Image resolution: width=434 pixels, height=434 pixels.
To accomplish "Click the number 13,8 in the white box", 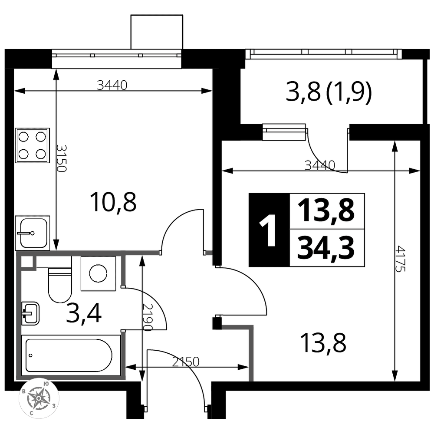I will point(326,211).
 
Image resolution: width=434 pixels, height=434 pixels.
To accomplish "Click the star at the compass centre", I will point(39,398).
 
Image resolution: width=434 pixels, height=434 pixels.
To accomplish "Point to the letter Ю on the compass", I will point(46,384).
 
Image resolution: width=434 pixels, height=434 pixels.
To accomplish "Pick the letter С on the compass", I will point(32,413).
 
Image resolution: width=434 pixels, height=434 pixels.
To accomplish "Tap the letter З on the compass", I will point(53,406).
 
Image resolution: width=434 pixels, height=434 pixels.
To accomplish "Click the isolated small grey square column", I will point(209,253).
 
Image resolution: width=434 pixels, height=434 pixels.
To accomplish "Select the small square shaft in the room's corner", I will point(26,262).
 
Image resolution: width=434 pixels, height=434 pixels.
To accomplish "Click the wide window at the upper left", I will point(116,59).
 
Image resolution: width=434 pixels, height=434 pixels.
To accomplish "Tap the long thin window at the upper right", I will point(323,54).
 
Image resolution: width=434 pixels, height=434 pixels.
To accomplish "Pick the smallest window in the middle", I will point(284,132).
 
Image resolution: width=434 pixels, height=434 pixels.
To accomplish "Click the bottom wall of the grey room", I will point(72,378).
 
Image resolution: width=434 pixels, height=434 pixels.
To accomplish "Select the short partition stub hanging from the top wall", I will point(123,270).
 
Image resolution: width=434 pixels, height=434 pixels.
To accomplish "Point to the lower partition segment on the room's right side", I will point(123,354).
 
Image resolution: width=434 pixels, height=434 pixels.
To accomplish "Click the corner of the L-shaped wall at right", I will point(251,327).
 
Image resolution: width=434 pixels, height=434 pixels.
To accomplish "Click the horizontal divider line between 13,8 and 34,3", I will point(326,229).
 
